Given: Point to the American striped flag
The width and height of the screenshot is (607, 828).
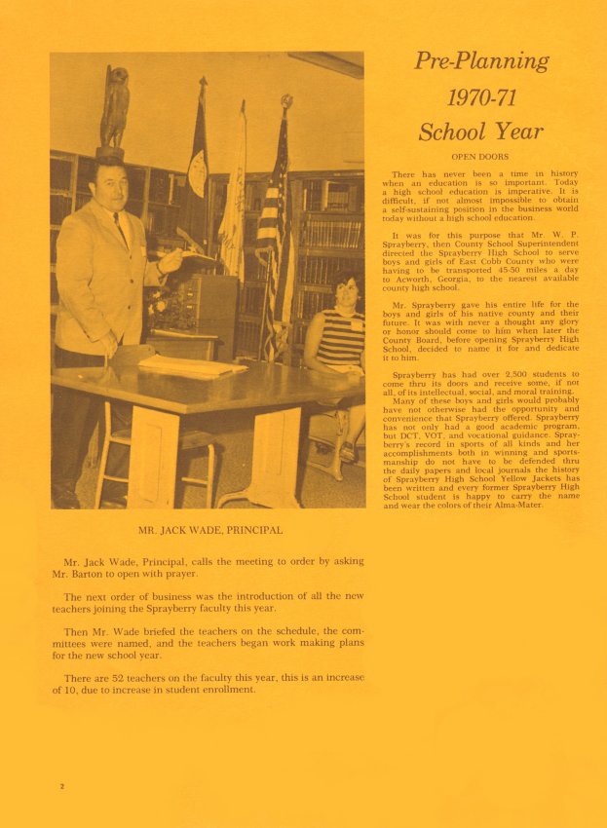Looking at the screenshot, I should click(272, 234).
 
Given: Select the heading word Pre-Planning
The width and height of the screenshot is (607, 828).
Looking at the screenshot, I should click(481, 61).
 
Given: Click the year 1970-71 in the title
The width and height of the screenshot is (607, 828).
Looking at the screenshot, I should click(481, 96).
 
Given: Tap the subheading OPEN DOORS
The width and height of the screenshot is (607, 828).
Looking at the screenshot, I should click(481, 156).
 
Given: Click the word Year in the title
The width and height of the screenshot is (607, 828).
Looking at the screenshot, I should click(516, 131).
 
